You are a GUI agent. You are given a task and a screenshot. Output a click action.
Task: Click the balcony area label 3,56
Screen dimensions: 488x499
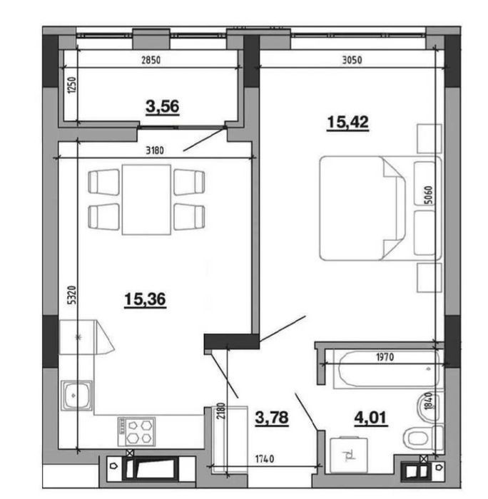163,107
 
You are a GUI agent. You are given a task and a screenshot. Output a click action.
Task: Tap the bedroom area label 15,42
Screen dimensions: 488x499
348,122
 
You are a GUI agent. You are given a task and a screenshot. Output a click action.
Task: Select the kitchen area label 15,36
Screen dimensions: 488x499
145,299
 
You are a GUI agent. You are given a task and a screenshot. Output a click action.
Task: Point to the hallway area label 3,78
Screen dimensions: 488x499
272,418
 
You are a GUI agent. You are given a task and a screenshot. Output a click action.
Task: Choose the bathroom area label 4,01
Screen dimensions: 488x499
371,418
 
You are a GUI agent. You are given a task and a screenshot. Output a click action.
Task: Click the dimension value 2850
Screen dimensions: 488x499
151,60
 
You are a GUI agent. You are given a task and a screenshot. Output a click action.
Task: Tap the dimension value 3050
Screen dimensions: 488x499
352,60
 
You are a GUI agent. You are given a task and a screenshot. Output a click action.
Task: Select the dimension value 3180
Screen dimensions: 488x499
155,150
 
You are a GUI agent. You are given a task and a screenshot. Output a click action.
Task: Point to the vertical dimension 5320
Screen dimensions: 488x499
73,295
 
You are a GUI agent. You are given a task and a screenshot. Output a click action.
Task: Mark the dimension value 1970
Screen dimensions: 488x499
385,357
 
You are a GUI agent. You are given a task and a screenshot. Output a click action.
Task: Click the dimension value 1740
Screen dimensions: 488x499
265,459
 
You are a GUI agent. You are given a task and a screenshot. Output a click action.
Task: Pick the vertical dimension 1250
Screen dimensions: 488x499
72,85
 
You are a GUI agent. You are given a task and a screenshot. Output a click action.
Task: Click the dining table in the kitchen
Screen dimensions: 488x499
146,200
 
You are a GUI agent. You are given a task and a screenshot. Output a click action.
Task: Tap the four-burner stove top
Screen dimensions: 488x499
137,431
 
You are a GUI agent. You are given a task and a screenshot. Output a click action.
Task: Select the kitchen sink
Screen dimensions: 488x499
76,396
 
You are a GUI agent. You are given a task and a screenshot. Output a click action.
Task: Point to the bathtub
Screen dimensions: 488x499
387,369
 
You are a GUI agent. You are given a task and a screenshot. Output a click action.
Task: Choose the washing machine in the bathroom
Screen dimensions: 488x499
349,455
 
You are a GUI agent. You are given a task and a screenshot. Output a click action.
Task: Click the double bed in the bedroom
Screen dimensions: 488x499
380,208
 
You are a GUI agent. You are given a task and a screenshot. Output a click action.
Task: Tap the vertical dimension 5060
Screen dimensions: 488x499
429,195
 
